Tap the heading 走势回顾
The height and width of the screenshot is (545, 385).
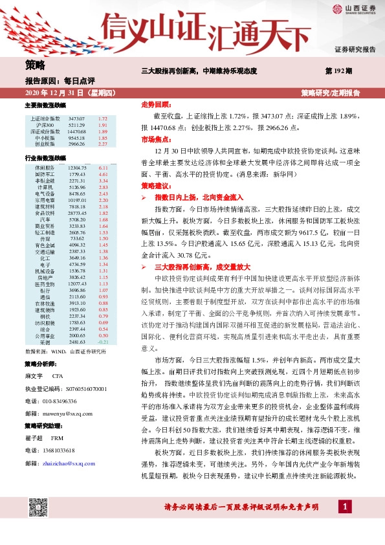pos(155,104)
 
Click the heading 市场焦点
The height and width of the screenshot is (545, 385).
pos(155,139)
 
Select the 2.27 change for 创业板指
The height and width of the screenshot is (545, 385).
pos(102,144)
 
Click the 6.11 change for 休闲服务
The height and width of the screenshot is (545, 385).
pos(102,168)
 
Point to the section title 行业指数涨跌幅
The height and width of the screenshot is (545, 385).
pos(45,157)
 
